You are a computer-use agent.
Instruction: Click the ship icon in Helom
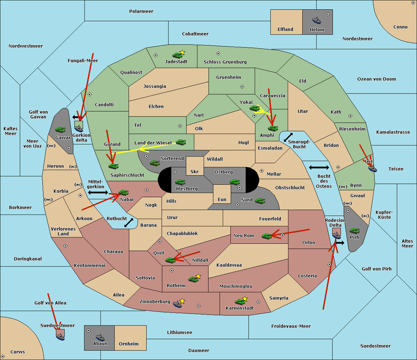[x=317, y=20]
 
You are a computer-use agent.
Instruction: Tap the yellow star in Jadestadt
[x=182, y=52]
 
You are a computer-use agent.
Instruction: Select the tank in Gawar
[x=60, y=129]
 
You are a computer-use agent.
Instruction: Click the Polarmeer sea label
[x=141, y=11]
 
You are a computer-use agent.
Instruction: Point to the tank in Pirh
[x=354, y=231]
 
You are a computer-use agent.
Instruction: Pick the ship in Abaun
[x=100, y=337]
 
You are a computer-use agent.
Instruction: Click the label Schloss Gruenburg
[x=225, y=62]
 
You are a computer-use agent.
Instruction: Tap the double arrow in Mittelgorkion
[x=98, y=192]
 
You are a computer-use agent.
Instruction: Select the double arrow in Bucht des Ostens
[x=319, y=167]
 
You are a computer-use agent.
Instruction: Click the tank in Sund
[x=260, y=201]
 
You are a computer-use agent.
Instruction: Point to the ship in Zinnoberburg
[x=178, y=304]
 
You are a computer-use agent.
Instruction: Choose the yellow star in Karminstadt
[x=245, y=299]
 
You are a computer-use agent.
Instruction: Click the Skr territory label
[x=195, y=171]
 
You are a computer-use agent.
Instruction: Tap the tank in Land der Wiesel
[x=181, y=142]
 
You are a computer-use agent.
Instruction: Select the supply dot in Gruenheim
[x=242, y=87]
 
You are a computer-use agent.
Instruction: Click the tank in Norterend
[x=155, y=163]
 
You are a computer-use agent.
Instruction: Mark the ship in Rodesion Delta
[x=336, y=235]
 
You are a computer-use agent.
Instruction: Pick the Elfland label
[x=285, y=30]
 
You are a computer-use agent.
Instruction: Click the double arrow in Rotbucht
[x=129, y=223]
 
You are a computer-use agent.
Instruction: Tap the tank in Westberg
[x=180, y=182]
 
